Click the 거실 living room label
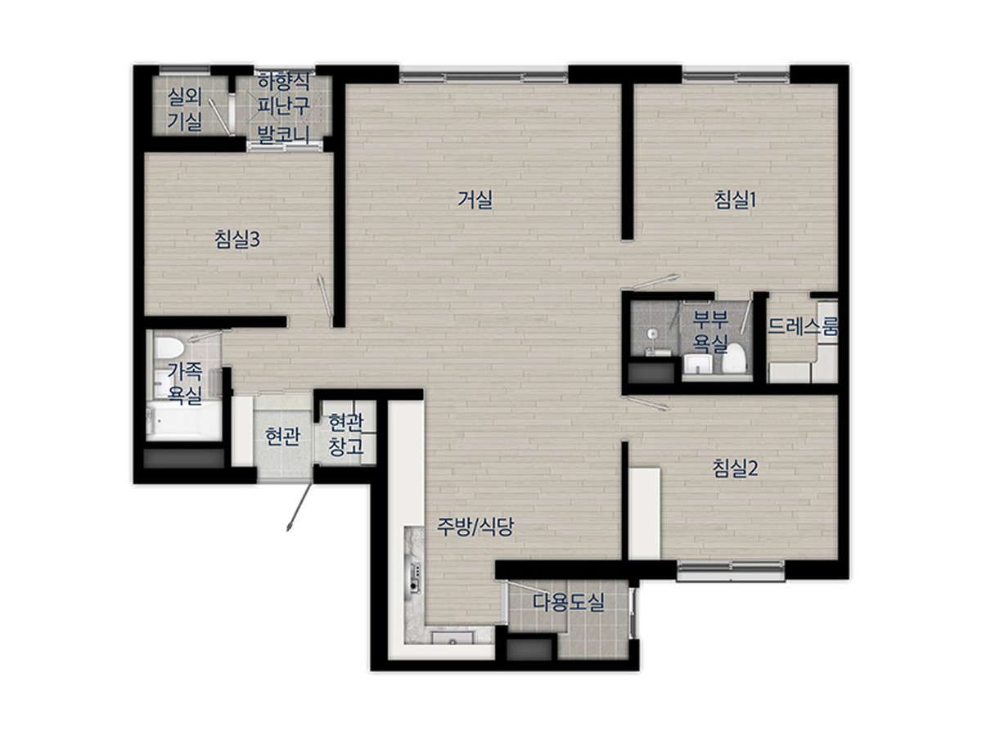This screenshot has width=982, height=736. (474, 200)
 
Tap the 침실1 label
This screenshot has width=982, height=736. (735, 200)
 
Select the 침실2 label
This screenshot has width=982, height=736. (735, 469)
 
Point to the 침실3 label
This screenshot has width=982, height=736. (237, 240)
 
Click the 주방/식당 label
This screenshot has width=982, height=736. (475, 527)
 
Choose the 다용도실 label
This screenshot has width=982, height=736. (568, 602)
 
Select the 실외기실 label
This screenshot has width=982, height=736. (185, 110)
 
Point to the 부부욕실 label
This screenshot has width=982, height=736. (710, 331)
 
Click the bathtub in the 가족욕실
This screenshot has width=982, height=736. (184, 420)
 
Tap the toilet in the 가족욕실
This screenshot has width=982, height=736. (169, 348)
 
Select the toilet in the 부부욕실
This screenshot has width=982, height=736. (735, 358)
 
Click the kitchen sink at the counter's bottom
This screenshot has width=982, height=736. (453, 637)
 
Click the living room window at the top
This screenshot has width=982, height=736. (484, 76)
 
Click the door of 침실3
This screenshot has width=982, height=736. (325, 300)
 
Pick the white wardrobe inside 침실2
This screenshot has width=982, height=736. (644, 514)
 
